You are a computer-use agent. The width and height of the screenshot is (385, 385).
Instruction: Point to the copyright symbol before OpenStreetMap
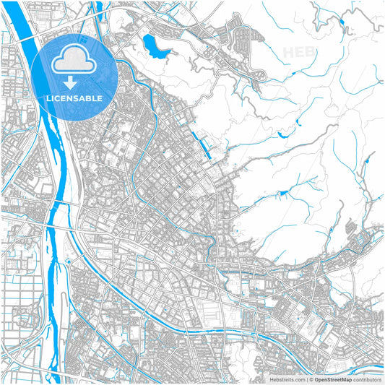click(x=311, y=378)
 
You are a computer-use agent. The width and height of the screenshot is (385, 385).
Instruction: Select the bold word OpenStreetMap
click(x=333, y=378)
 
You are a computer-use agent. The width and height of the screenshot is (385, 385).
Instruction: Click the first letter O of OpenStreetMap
click(x=317, y=378)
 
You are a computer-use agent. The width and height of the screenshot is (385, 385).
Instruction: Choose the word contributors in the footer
click(x=367, y=378)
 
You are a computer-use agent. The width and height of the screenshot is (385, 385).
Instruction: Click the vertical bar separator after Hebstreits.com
click(x=306, y=378)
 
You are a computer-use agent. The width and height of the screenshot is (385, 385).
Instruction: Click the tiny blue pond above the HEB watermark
click(x=341, y=21)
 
